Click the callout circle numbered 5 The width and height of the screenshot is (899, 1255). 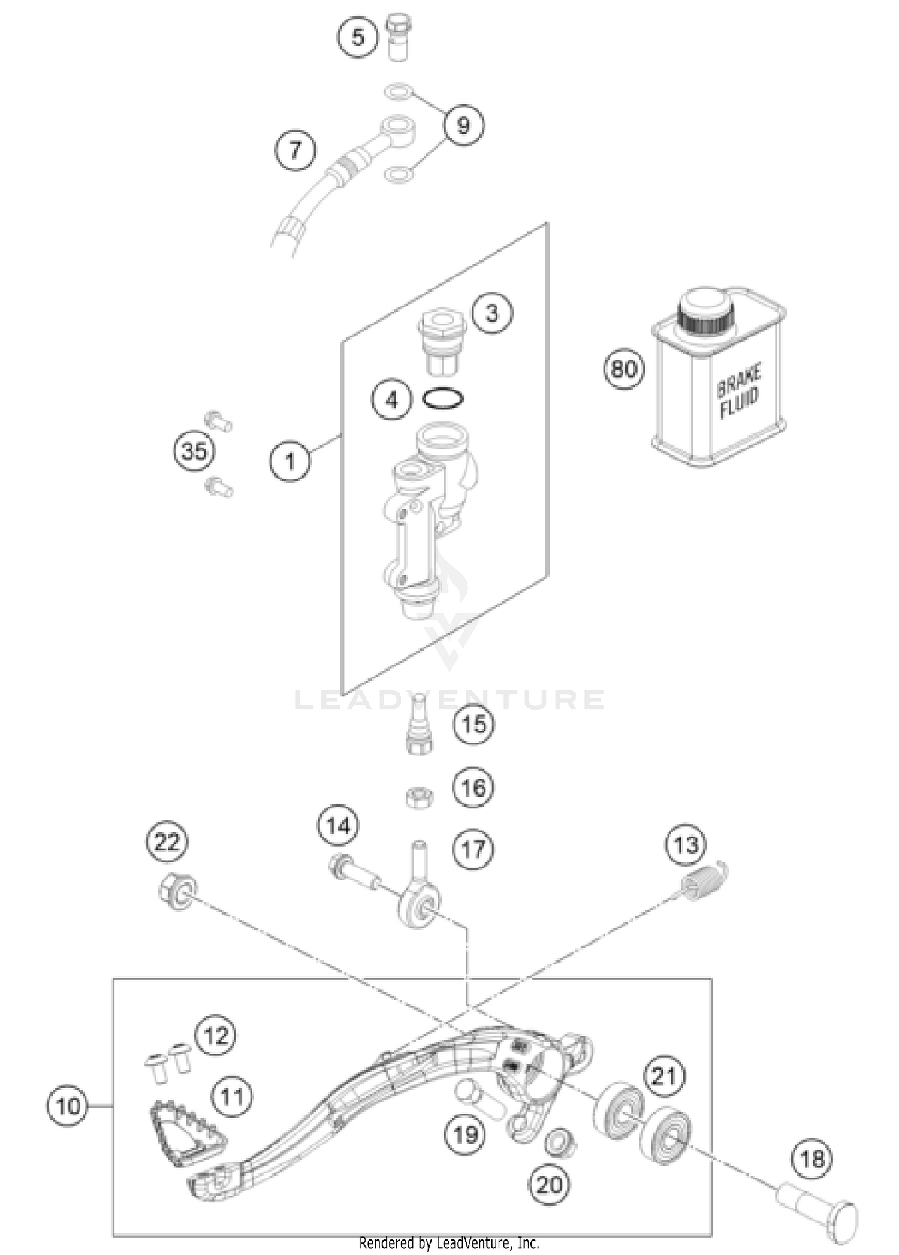click(x=357, y=37)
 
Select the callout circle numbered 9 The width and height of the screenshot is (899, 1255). click(x=464, y=125)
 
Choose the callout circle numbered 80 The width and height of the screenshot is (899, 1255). click(x=624, y=369)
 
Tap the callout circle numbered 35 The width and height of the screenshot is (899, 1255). click(x=195, y=451)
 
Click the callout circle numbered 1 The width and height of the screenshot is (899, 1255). click(x=290, y=461)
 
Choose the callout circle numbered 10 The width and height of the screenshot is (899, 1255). click(x=68, y=1105)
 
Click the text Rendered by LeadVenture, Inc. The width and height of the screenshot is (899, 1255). click(x=449, y=1243)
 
